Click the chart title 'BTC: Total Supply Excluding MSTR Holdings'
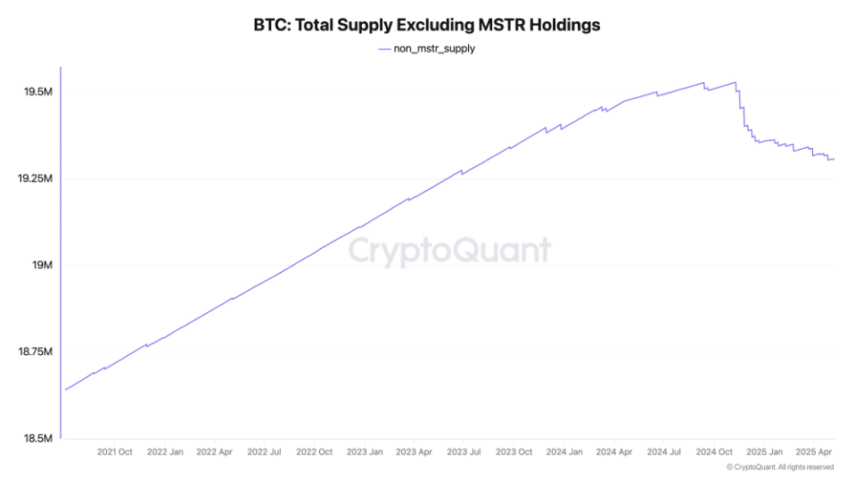click(x=427, y=25)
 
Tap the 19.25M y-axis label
click(x=35, y=179)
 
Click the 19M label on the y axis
click(x=42, y=266)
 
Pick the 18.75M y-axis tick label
click(x=35, y=352)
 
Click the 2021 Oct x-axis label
click(x=114, y=452)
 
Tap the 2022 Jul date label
click(x=264, y=452)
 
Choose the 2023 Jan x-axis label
click(x=364, y=452)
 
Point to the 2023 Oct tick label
click(x=514, y=452)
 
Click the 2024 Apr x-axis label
click(x=613, y=452)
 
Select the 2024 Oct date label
click(x=714, y=452)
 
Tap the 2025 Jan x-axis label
click(x=764, y=452)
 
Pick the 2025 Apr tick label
click(x=813, y=452)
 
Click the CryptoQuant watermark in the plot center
click(x=448, y=251)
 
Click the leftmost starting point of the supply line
click(x=65, y=390)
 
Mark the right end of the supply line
click(x=834, y=159)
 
